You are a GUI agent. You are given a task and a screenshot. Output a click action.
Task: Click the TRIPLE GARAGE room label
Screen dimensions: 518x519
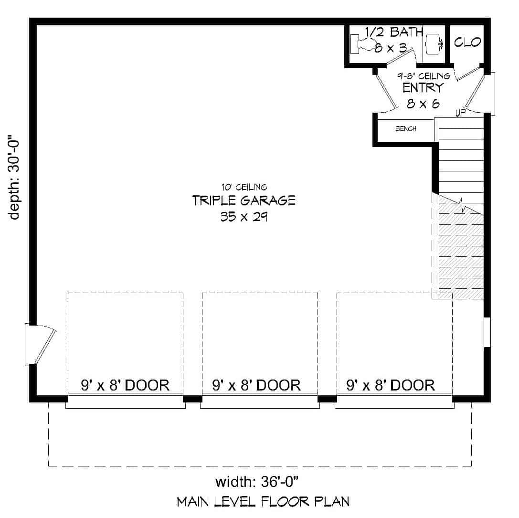(244, 201)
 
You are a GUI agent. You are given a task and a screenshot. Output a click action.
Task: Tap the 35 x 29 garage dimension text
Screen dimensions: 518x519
(244, 217)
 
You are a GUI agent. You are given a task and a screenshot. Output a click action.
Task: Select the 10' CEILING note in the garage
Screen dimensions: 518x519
(244, 187)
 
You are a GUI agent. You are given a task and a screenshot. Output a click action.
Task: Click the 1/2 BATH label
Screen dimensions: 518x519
(394, 32)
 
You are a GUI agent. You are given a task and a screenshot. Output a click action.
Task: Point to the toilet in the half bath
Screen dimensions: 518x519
(365, 44)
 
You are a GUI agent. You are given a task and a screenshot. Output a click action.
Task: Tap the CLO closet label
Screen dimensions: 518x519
(467, 42)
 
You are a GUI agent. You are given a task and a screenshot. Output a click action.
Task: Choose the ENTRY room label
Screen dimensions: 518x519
(423, 88)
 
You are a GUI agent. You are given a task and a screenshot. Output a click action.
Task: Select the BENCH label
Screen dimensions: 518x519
(406, 129)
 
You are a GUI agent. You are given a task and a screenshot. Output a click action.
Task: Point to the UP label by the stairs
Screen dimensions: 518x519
(460, 113)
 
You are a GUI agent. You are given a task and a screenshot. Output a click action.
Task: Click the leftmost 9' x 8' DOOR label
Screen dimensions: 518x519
(125, 385)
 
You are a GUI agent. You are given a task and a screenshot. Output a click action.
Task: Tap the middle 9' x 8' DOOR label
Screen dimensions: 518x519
(257, 385)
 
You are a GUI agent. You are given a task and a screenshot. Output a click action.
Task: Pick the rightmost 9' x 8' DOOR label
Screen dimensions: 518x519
(391, 385)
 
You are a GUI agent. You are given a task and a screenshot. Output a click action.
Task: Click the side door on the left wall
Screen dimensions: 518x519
(40, 344)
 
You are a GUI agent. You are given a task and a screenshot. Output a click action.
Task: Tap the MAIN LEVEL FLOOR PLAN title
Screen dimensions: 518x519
(263, 502)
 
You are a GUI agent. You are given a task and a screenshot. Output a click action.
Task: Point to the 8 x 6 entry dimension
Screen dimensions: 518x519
(423, 103)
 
